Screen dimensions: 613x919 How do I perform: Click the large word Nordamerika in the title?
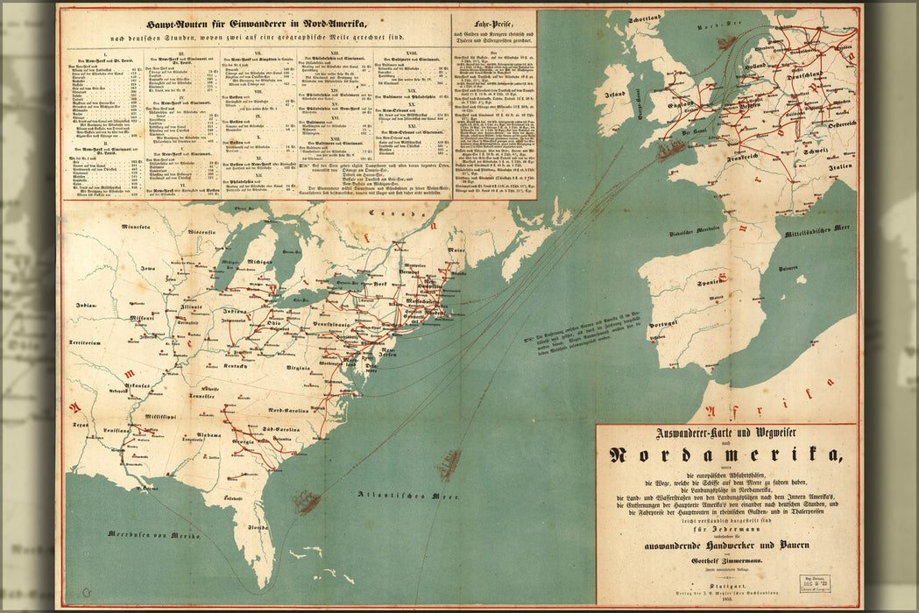point(726,454)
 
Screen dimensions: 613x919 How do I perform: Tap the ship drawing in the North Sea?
point(726,41)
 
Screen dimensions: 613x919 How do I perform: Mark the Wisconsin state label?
point(201,231)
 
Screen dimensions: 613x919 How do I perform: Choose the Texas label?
point(81,424)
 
